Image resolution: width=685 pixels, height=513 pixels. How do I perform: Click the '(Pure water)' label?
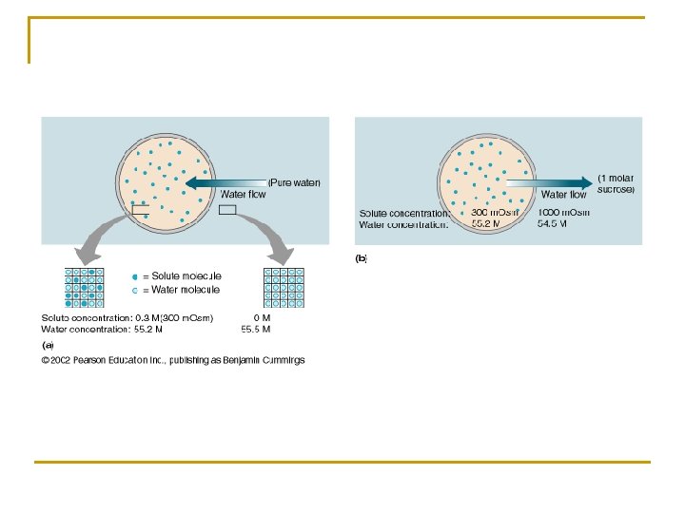pyautogui.click(x=294, y=181)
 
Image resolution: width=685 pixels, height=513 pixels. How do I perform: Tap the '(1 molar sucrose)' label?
pyautogui.click(x=616, y=183)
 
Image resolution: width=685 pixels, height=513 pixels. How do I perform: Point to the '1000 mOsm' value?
pyautogui.click(x=563, y=212)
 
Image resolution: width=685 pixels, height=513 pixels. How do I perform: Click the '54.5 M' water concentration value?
pyautogui.click(x=553, y=224)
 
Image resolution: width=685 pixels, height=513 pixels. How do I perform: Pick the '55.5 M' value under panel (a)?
pyautogui.click(x=256, y=330)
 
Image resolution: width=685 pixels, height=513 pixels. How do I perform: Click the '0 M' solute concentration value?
pyautogui.click(x=262, y=317)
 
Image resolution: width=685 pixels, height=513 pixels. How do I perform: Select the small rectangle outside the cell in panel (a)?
pyautogui.click(x=227, y=210)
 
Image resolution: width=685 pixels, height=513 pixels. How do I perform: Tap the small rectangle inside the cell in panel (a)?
pyautogui.click(x=140, y=212)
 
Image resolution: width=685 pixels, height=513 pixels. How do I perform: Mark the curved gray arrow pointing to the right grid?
pyautogui.click(x=266, y=237)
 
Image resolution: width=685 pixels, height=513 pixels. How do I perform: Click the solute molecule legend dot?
pyautogui.click(x=135, y=275)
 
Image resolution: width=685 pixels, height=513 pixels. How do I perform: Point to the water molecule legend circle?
pyautogui.click(x=135, y=289)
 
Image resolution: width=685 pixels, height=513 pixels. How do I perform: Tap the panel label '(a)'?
pyautogui.click(x=48, y=345)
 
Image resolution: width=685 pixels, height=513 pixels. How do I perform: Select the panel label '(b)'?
pyautogui.click(x=362, y=257)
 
